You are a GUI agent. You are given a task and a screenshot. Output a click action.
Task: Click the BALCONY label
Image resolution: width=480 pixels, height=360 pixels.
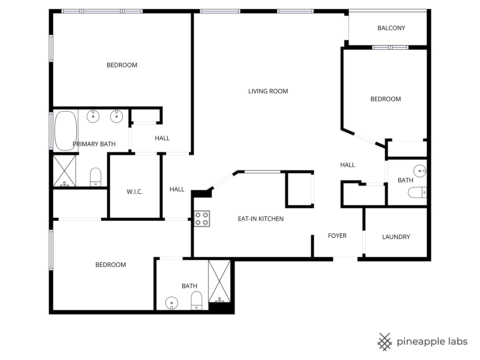[x=391, y=28]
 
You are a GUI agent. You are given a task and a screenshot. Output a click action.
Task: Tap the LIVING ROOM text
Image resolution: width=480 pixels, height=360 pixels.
[x=268, y=91]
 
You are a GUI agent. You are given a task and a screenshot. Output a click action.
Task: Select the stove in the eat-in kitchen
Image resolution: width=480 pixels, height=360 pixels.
[x=202, y=219]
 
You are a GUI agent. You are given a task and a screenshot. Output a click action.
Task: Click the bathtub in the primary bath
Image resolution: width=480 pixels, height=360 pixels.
[x=66, y=131]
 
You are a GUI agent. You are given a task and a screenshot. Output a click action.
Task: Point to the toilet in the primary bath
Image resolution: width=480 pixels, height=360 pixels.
[x=96, y=177]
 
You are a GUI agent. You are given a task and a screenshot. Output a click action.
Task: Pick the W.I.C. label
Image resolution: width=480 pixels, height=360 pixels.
[x=135, y=192]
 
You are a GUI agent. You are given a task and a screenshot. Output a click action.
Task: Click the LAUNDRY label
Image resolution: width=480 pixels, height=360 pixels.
[x=396, y=237]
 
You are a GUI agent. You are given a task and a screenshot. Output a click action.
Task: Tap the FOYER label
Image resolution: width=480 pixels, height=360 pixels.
[x=337, y=236]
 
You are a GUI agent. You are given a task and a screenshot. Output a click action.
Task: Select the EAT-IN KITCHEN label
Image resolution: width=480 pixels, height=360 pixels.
[x=261, y=219]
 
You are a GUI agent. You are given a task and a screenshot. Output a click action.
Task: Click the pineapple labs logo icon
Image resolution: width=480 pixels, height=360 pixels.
[x=385, y=342]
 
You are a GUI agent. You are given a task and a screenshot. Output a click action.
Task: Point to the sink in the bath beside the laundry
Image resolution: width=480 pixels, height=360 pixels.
[x=420, y=171]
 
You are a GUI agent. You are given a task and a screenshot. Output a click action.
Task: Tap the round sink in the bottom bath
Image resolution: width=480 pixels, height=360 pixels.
[x=172, y=303]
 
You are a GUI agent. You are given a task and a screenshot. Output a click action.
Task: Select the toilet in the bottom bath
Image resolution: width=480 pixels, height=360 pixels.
[x=196, y=301]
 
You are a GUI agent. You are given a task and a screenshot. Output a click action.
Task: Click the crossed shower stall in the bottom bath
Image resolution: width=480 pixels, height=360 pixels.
[x=219, y=281]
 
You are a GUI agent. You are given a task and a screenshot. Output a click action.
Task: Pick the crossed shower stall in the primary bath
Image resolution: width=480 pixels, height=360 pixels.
[x=65, y=171]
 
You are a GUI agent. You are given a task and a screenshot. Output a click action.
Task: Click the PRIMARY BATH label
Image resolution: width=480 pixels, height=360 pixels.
[x=94, y=144]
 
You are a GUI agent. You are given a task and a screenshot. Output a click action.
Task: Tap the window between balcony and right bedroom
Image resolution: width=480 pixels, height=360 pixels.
[x=390, y=47]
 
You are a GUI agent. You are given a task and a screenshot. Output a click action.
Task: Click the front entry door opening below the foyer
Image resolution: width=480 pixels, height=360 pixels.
[x=345, y=259]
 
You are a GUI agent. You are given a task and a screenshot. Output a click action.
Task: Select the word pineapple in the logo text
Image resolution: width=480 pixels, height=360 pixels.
[x=419, y=342]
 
